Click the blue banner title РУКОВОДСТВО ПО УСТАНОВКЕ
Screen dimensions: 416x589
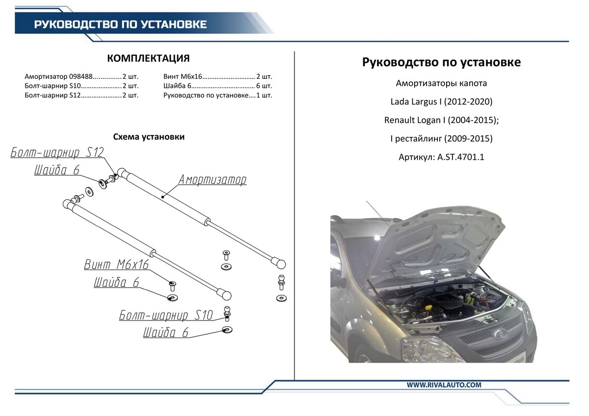[120, 24]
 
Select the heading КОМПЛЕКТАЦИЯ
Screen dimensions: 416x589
[148, 59]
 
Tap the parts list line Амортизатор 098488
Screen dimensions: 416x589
[81, 76]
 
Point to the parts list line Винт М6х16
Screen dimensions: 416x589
[217, 76]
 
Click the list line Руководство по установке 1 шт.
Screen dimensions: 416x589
[217, 95]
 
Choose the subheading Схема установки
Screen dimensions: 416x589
[149, 137]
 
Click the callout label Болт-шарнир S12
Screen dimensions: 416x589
[57, 152]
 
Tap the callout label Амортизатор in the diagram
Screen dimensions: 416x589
[212, 180]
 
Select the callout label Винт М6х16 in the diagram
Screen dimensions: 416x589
[116, 265]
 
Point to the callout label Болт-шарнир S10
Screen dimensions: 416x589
[166, 315]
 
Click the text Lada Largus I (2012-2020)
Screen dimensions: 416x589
[441, 102]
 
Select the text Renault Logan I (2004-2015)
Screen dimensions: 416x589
[441, 120]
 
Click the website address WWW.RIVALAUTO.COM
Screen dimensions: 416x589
[444, 385]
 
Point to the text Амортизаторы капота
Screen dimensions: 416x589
[441, 83]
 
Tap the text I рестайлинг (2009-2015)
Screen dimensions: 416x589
[441, 139]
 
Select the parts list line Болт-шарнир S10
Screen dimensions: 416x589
[81, 86]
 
